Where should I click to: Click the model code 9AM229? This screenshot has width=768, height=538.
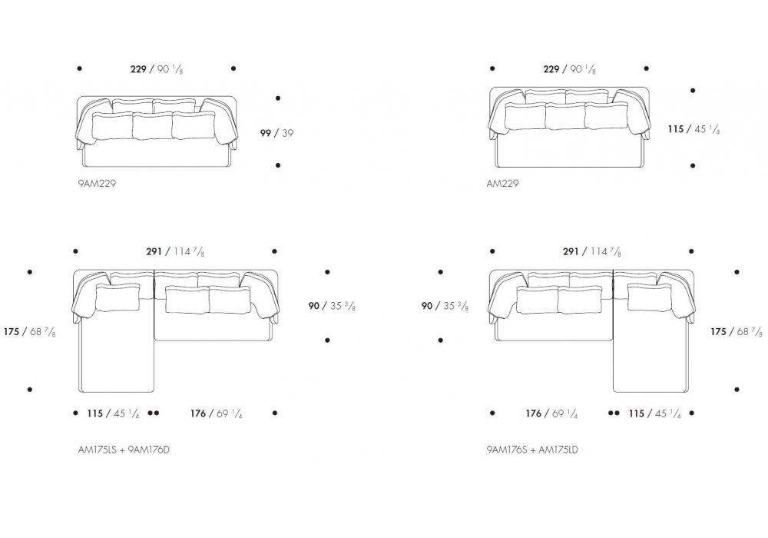click(97, 183)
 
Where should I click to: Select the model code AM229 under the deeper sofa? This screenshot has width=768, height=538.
click(502, 183)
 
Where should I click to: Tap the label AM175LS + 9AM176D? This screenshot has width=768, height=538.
click(124, 450)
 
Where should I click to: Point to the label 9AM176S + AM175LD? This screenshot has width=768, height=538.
click(532, 450)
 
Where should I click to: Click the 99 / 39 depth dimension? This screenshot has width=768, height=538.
click(276, 133)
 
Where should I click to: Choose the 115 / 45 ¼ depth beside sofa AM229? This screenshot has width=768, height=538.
click(694, 129)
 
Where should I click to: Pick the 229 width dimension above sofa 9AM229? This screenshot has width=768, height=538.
click(157, 69)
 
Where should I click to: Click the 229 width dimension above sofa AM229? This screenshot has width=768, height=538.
click(570, 69)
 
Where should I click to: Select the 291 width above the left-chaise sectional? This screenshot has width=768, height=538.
click(175, 251)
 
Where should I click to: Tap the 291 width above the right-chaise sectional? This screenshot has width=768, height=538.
click(592, 251)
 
